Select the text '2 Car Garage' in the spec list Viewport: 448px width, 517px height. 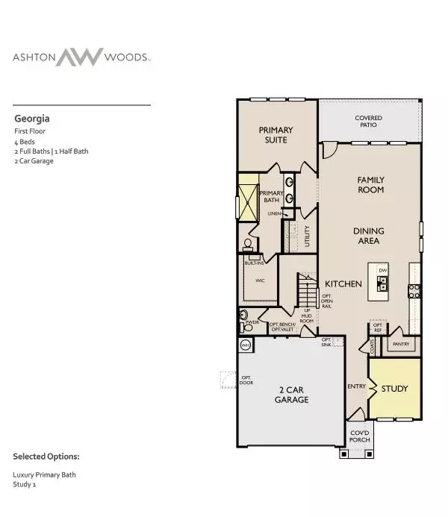[34, 160]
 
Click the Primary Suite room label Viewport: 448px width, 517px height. [276, 134]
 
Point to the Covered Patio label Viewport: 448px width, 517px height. [369, 121]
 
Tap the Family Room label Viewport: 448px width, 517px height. [370, 185]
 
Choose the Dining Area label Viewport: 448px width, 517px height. [367, 236]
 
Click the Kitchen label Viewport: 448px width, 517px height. [343, 284]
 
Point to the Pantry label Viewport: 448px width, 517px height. [401, 344]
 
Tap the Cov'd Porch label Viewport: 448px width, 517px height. [360, 436]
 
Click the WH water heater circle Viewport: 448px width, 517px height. [246, 345]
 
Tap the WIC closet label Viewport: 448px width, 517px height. [261, 281]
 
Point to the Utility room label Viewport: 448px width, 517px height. [307, 237]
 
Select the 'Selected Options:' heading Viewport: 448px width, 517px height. [46, 456]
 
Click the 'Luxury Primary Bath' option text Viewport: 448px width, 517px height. [44, 474]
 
